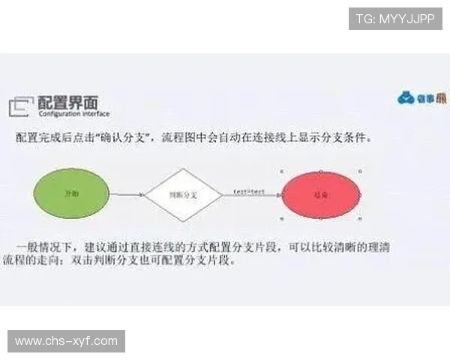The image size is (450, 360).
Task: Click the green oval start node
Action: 72,193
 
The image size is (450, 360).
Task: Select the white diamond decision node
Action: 183,194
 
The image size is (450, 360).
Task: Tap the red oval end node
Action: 322,194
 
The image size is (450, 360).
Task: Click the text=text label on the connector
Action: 248,191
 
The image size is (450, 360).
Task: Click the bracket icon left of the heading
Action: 21,107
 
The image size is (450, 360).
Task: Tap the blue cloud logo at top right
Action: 407,97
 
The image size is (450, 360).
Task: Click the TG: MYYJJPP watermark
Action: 395,18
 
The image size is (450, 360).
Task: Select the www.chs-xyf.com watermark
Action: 66,341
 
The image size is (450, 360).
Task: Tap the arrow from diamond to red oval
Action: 251,196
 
